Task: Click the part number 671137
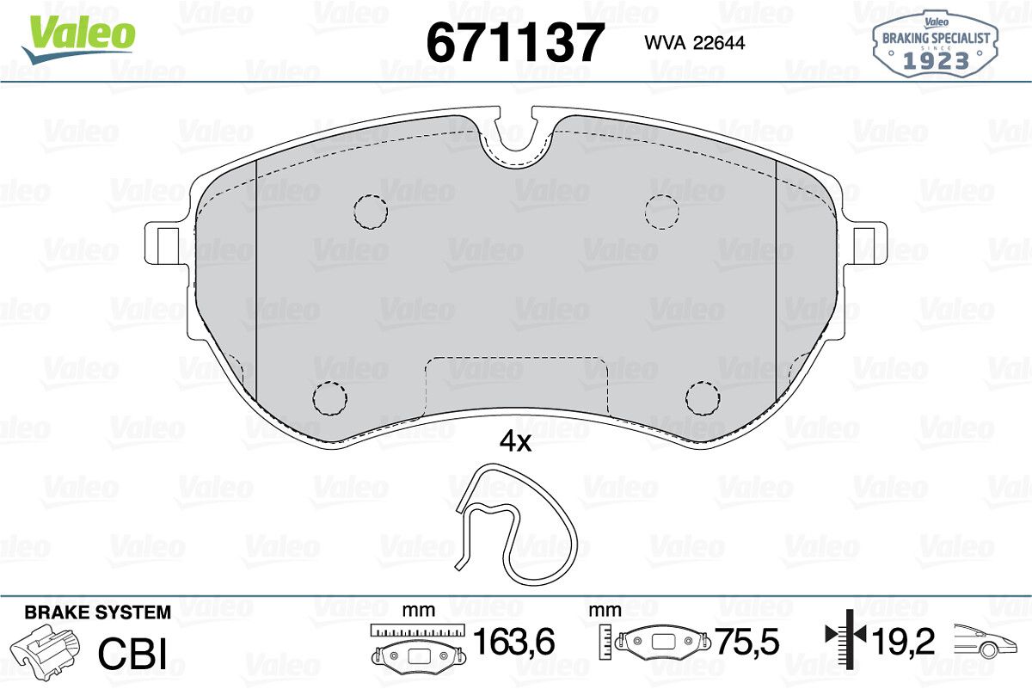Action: pyautogui.click(x=515, y=42)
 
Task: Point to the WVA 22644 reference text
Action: pyautogui.click(x=694, y=43)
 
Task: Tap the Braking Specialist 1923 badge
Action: pyautogui.click(x=936, y=44)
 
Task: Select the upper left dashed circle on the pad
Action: pyautogui.click(x=371, y=212)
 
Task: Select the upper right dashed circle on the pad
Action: pyautogui.click(x=662, y=212)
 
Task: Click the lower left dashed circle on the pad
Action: pyautogui.click(x=329, y=398)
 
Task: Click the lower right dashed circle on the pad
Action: pyautogui.click(x=703, y=398)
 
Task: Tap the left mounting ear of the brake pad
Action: pyautogui.click(x=167, y=243)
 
